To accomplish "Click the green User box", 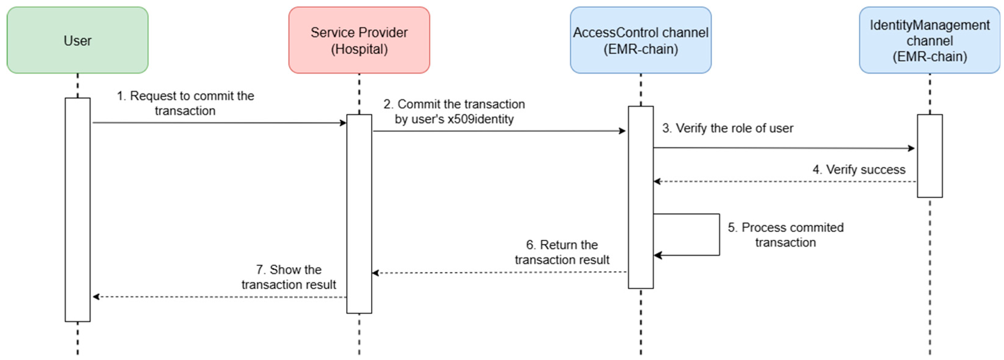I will point(77,40).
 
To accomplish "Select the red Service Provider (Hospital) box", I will point(359,40).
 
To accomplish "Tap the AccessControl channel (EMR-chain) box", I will point(640,40).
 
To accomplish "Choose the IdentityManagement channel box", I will point(930,40).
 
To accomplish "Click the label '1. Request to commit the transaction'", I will point(185,103).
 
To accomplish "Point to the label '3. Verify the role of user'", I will point(727,128).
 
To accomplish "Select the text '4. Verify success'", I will point(859,169).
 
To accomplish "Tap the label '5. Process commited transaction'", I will point(785,235).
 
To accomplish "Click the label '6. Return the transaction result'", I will point(562,252).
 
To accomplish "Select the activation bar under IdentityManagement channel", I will point(930,156).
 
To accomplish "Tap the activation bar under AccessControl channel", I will point(640,197).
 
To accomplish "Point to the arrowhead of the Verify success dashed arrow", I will point(657,182).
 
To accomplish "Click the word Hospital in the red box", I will point(359,49).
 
